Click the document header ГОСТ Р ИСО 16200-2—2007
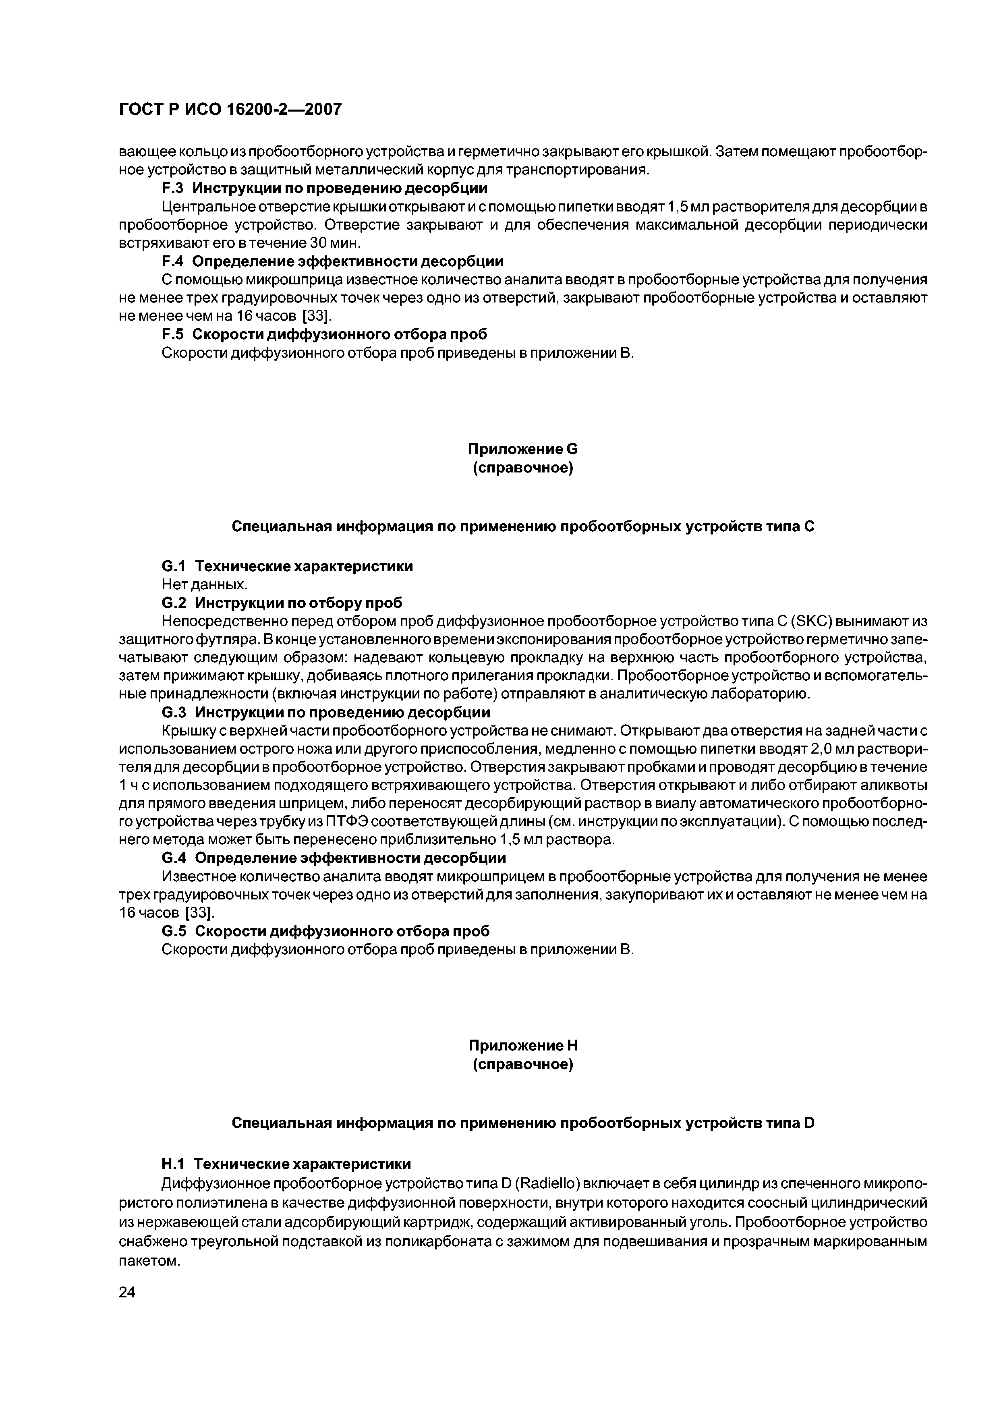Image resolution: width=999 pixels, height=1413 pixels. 230,110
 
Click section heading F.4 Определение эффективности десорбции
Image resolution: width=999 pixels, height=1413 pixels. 332,261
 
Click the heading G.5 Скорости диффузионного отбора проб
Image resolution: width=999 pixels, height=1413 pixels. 325,931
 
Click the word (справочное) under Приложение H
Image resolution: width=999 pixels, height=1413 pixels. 522,1065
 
